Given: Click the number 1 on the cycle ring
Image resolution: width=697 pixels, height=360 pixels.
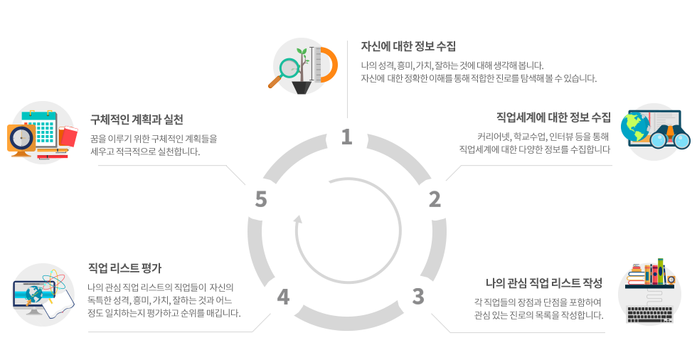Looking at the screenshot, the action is tap(346, 137).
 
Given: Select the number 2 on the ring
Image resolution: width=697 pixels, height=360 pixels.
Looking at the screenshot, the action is tap(435, 200).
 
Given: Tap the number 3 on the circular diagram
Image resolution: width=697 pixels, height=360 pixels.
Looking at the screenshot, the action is tap(418, 296).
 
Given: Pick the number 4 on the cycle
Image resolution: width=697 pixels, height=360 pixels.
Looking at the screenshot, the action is tap(283, 297).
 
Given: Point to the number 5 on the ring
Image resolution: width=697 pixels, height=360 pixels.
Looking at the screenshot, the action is tap(261, 200).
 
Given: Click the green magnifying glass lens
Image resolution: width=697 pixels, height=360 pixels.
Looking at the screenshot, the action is tap(289, 68).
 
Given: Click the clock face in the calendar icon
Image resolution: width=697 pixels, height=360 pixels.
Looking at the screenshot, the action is tap(20, 137).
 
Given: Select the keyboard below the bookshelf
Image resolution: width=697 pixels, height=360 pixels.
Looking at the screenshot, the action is tap(649, 309).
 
